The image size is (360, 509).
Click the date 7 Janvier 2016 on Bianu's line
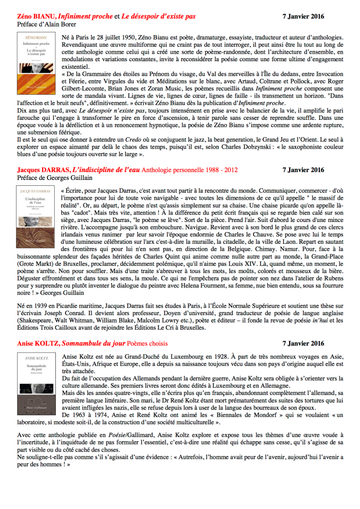point(302,17)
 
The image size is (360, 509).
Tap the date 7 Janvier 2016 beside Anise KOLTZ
point(302,329)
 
